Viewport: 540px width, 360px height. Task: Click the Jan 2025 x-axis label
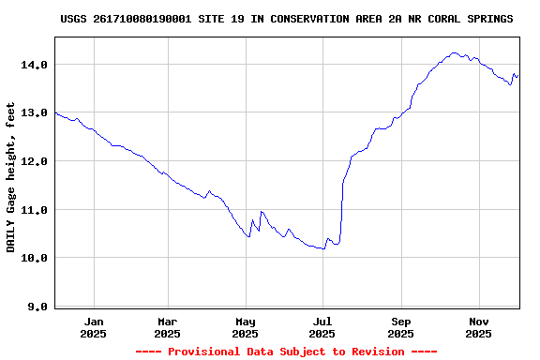pos(94,327)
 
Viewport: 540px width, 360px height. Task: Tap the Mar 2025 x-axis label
pos(168,327)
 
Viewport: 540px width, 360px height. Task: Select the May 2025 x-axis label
pos(245,327)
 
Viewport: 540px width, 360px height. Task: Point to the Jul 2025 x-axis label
pos(322,327)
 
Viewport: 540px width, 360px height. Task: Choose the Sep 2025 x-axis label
pos(400,327)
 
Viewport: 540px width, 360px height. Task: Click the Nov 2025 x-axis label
pos(479,327)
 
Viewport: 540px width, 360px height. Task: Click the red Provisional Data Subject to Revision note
pos(286,352)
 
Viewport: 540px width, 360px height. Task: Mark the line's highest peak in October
pos(454,53)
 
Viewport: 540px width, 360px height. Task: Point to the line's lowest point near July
pos(323,248)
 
